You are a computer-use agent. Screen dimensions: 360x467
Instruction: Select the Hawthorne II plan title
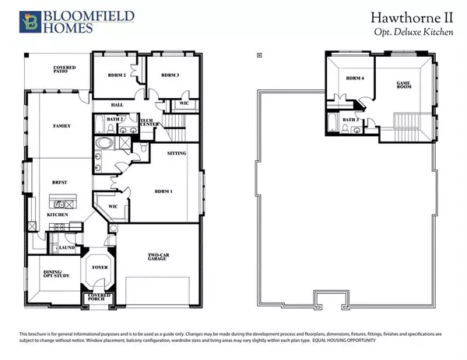tap(413, 17)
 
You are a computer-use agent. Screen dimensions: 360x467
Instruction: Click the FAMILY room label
tap(61, 125)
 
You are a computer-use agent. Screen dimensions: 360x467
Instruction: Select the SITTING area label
tap(176, 154)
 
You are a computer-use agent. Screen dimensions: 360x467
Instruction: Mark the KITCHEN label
tap(58, 214)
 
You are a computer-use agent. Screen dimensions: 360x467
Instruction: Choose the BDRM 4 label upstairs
tap(355, 79)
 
